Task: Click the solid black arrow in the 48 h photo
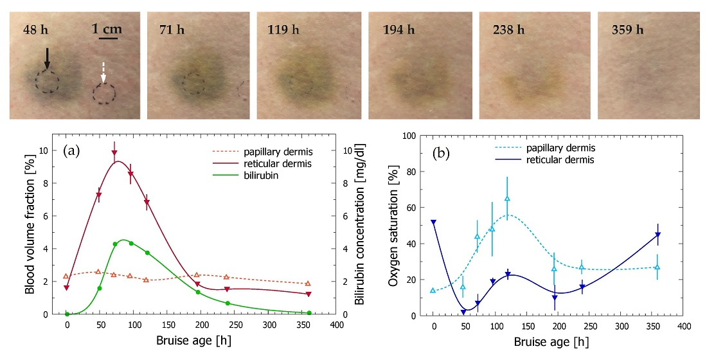pos(47,59)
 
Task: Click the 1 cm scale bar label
pos(107,30)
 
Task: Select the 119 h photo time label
pos(283,30)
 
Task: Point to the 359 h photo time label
pos(628,30)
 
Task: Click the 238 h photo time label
pos(508,30)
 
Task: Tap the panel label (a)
pos(71,150)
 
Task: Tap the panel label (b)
pos(440,154)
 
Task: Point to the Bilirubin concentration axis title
pos(359,224)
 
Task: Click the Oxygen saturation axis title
pos(393,225)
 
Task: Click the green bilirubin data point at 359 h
pos(309,312)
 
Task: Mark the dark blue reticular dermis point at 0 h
pos(433,222)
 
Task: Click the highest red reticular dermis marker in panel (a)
pos(114,153)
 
